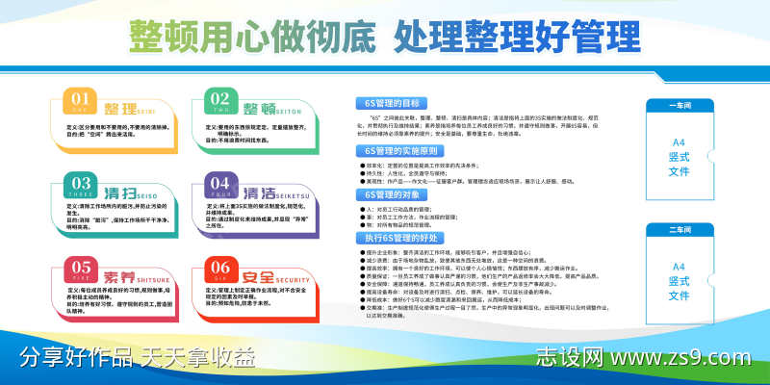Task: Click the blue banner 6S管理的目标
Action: pos(397,102)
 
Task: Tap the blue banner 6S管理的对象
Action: pos(397,193)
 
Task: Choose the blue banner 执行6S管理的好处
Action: pos(401,237)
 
